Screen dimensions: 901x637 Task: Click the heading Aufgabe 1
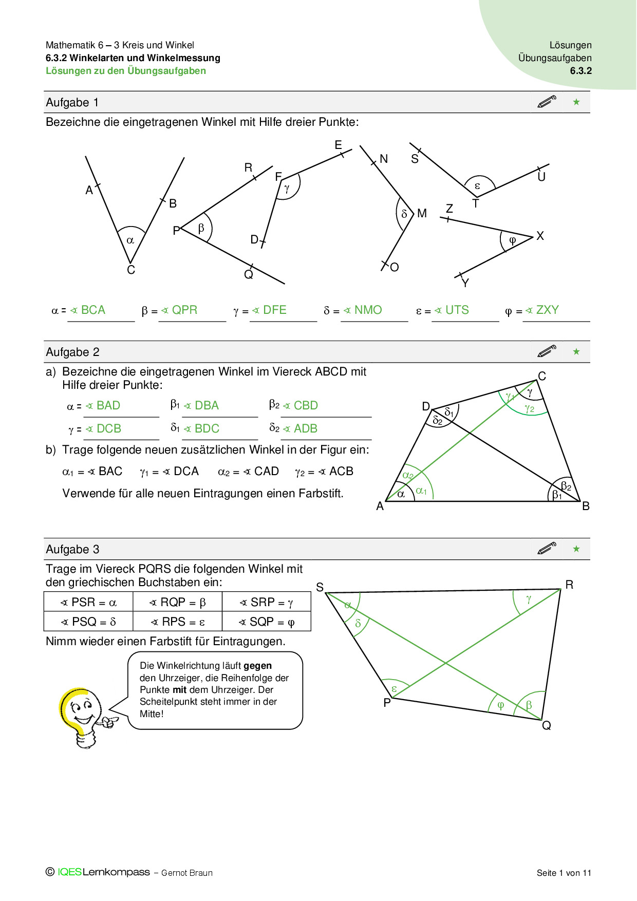[72, 102]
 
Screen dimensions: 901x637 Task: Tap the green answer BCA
[93, 310]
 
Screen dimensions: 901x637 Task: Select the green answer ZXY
[547, 310]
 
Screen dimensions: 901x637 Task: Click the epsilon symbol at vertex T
[477, 186]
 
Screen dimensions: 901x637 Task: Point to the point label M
[422, 213]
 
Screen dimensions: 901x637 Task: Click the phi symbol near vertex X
[512, 240]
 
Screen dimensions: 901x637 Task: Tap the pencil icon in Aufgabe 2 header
[547, 351]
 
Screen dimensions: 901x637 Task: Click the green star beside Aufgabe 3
[576, 549]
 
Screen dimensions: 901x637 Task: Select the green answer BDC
[207, 428]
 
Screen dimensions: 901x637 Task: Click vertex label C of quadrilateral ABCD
[542, 376]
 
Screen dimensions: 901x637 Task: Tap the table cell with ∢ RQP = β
[177, 602]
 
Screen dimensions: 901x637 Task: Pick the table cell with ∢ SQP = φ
[267, 622]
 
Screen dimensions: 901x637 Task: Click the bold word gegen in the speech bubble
[257, 666]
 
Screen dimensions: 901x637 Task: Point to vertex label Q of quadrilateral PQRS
[547, 725]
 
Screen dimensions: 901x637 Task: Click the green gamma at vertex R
[529, 599]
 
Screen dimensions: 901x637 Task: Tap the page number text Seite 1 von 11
[564, 873]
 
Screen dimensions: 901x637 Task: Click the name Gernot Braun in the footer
[187, 873]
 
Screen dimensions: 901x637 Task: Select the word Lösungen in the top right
[570, 45]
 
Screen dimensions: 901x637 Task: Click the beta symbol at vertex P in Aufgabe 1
[201, 228]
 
